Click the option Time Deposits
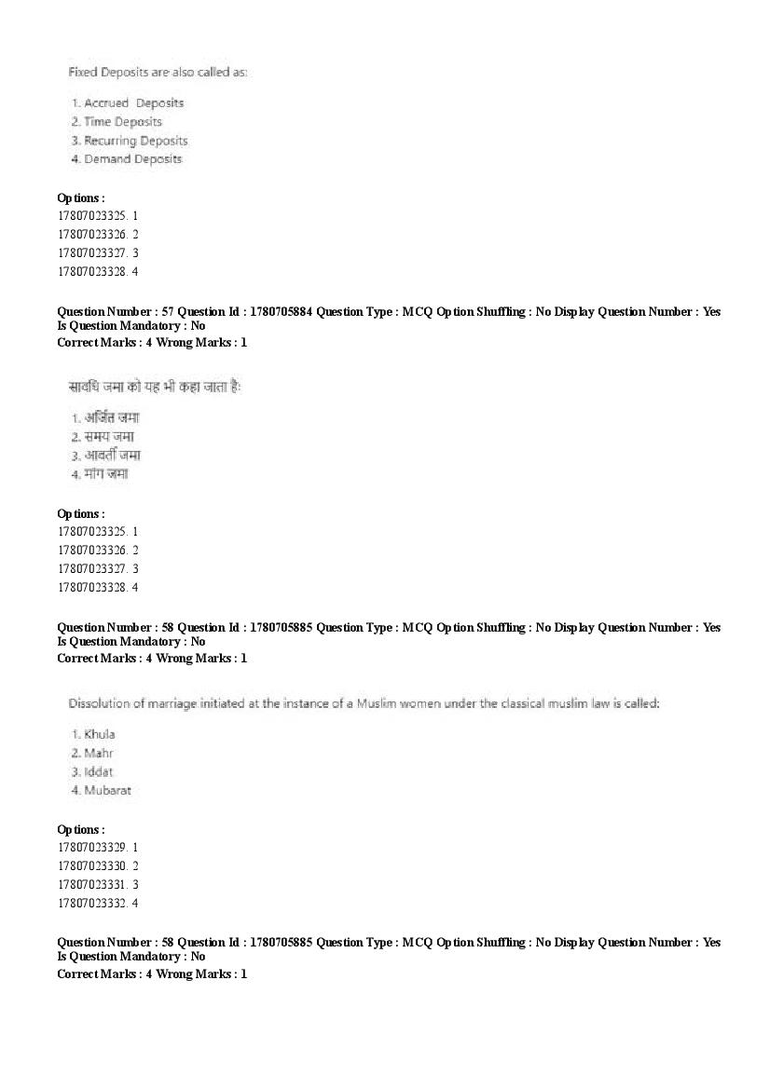click(123, 122)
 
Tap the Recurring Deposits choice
click(136, 141)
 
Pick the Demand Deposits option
click(132, 159)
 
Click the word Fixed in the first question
click(83, 72)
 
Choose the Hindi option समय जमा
click(111, 437)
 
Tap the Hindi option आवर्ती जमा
click(112, 456)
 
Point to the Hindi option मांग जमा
click(106, 474)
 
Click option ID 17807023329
click(91, 848)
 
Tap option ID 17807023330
click(91, 866)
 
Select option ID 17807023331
click(91, 885)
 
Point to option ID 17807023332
click(91, 904)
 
